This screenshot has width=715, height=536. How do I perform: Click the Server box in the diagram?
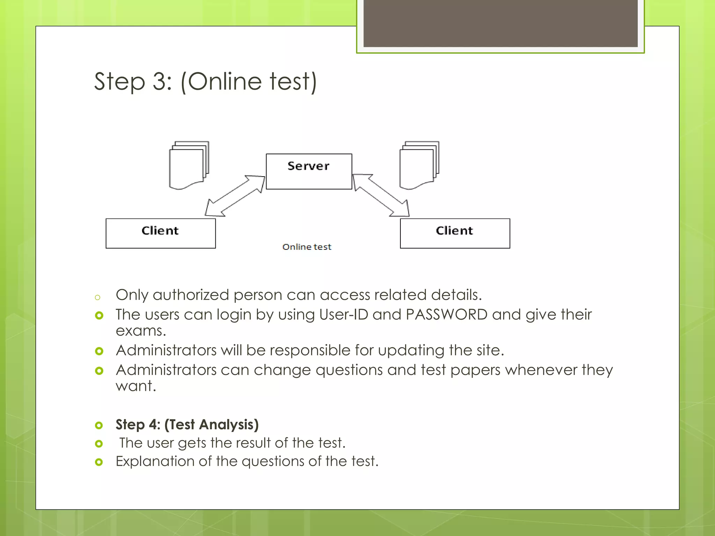[x=309, y=171]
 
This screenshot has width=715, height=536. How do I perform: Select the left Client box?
[x=161, y=233]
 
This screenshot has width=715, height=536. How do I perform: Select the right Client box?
[x=455, y=233]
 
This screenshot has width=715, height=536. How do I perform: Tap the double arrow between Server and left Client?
[x=235, y=196]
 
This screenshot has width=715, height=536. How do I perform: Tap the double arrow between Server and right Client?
[x=381, y=195]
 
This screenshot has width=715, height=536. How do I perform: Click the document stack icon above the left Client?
[x=189, y=165]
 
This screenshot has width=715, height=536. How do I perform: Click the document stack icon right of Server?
[x=419, y=165]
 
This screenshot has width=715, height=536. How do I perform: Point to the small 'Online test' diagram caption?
[x=307, y=247]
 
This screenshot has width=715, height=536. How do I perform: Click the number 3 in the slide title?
[x=160, y=82]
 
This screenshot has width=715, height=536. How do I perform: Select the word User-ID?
[x=344, y=314]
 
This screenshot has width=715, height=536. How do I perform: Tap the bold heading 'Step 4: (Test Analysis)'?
[x=187, y=424]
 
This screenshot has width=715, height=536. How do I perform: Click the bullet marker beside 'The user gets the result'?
[x=99, y=444]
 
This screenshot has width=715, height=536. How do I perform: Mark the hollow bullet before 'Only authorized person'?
[x=98, y=297]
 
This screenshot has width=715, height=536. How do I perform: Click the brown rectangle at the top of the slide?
[x=500, y=23]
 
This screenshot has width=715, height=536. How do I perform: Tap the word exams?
[x=140, y=331]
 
